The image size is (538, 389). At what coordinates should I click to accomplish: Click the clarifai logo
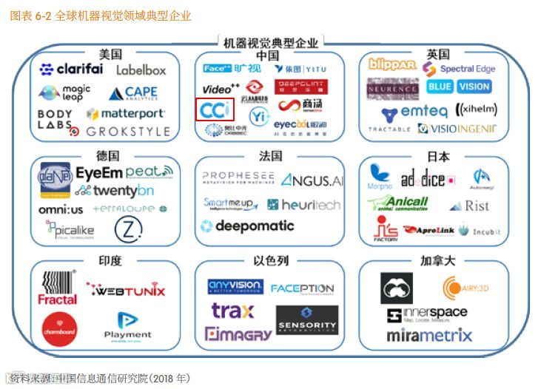click(71, 70)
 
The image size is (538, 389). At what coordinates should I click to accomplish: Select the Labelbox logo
click(141, 70)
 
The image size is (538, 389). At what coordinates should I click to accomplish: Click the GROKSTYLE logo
click(127, 132)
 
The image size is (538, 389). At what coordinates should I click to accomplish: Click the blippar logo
click(391, 65)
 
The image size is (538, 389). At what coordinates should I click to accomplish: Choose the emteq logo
click(415, 112)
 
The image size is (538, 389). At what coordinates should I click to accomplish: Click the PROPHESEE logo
click(238, 177)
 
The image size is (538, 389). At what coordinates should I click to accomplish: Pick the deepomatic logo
click(247, 226)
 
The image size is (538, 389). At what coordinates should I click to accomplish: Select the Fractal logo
click(58, 288)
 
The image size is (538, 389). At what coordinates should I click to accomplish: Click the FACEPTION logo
click(302, 288)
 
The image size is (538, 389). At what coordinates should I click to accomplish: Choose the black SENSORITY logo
click(306, 320)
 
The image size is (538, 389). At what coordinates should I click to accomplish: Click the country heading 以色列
click(270, 261)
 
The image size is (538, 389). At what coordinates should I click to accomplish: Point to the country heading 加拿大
click(437, 261)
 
